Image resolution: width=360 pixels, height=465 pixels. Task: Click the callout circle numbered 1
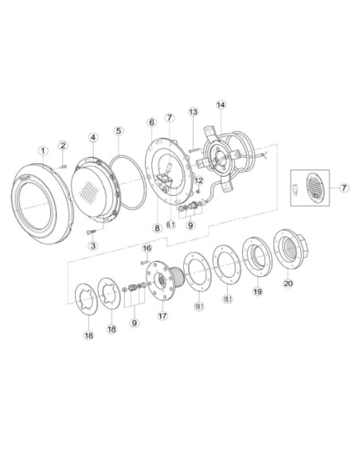tap(43, 150)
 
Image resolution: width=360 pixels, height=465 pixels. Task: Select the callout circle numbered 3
tap(92, 246)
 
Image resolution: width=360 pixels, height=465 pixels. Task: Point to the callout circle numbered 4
tap(93, 137)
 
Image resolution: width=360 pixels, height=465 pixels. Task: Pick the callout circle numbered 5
tap(118, 131)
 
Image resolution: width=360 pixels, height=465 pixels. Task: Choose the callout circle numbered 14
tap(221, 104)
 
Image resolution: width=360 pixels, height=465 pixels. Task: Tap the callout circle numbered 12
tap(200, 181)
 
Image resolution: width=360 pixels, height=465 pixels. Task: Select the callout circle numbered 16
tap(147, 248)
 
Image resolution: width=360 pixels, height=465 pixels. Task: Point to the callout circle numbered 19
tap(256, 292)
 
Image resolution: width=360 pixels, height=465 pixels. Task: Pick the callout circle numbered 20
tap(288, 282)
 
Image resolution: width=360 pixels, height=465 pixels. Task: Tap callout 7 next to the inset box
tap(344, 188)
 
